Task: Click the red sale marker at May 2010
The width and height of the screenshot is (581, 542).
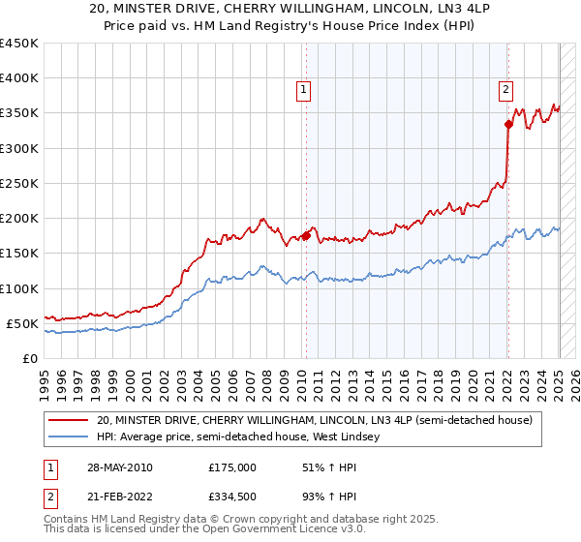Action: click(306, 235)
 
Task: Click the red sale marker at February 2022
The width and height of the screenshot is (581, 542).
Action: click(508, 124)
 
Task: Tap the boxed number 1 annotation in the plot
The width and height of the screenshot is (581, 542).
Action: click(304, 90)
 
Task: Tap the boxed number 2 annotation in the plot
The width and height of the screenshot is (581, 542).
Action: click(505, 90)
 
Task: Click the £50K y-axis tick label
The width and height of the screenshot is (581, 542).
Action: click(23, 323)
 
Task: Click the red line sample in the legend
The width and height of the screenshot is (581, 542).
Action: click(69, 421)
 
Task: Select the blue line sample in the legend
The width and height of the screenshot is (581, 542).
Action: click(69, 437)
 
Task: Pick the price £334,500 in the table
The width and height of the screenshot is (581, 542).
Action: click(232, 497)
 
